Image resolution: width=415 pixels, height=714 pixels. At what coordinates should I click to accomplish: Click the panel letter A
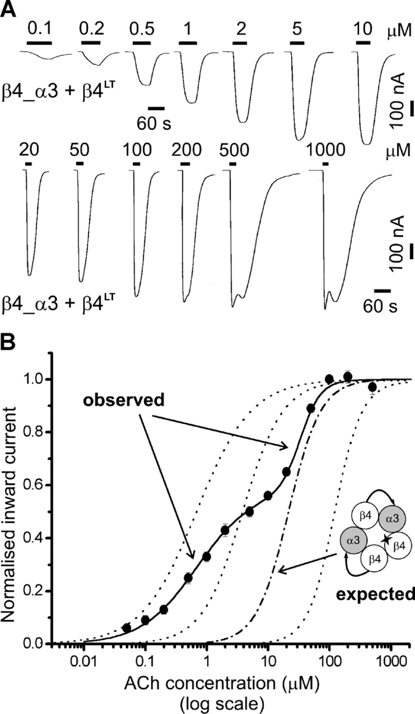coord(8,10)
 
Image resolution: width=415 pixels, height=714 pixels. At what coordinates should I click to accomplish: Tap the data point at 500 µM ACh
coord(372,387)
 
